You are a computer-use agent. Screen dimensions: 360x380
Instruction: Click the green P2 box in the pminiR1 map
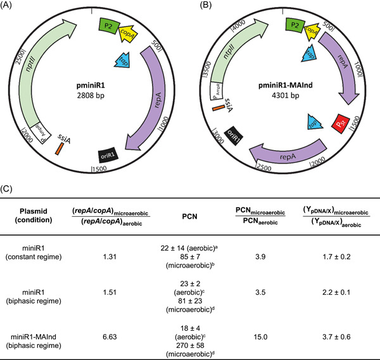click(x=108, y=25)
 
